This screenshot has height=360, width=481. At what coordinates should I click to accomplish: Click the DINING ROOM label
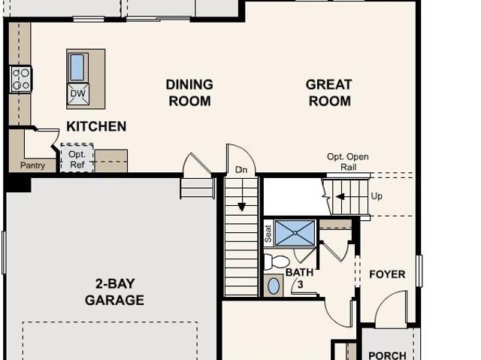[189, 92]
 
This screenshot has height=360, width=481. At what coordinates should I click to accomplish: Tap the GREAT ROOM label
[328, 92]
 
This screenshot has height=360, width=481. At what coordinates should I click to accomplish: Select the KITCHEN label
[96, 126]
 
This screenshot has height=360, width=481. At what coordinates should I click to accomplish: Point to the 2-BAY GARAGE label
[114, 292]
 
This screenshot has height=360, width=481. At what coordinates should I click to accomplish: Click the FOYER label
[387, 274]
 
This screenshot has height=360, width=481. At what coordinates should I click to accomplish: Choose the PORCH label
[387, 355]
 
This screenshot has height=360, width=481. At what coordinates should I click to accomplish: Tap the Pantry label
[32, 165]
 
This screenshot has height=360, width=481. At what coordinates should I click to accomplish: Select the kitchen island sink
[77, 67]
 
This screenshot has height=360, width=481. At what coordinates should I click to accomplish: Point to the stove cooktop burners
[20, 78]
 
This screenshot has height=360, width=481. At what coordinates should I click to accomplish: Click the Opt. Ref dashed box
[77, 159]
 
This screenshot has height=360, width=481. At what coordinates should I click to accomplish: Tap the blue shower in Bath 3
[295, 233]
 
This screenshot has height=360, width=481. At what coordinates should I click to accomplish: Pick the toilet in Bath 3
[277, 262]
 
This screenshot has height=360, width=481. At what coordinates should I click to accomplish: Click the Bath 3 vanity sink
[274, 286]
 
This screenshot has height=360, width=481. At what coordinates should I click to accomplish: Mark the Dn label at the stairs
[241, 170]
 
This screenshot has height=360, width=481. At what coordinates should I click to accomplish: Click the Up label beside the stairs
[377, 196]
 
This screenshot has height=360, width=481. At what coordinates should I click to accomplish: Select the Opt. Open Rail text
[348, 162]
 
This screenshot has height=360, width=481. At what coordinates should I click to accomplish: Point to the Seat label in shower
[268, 234]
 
